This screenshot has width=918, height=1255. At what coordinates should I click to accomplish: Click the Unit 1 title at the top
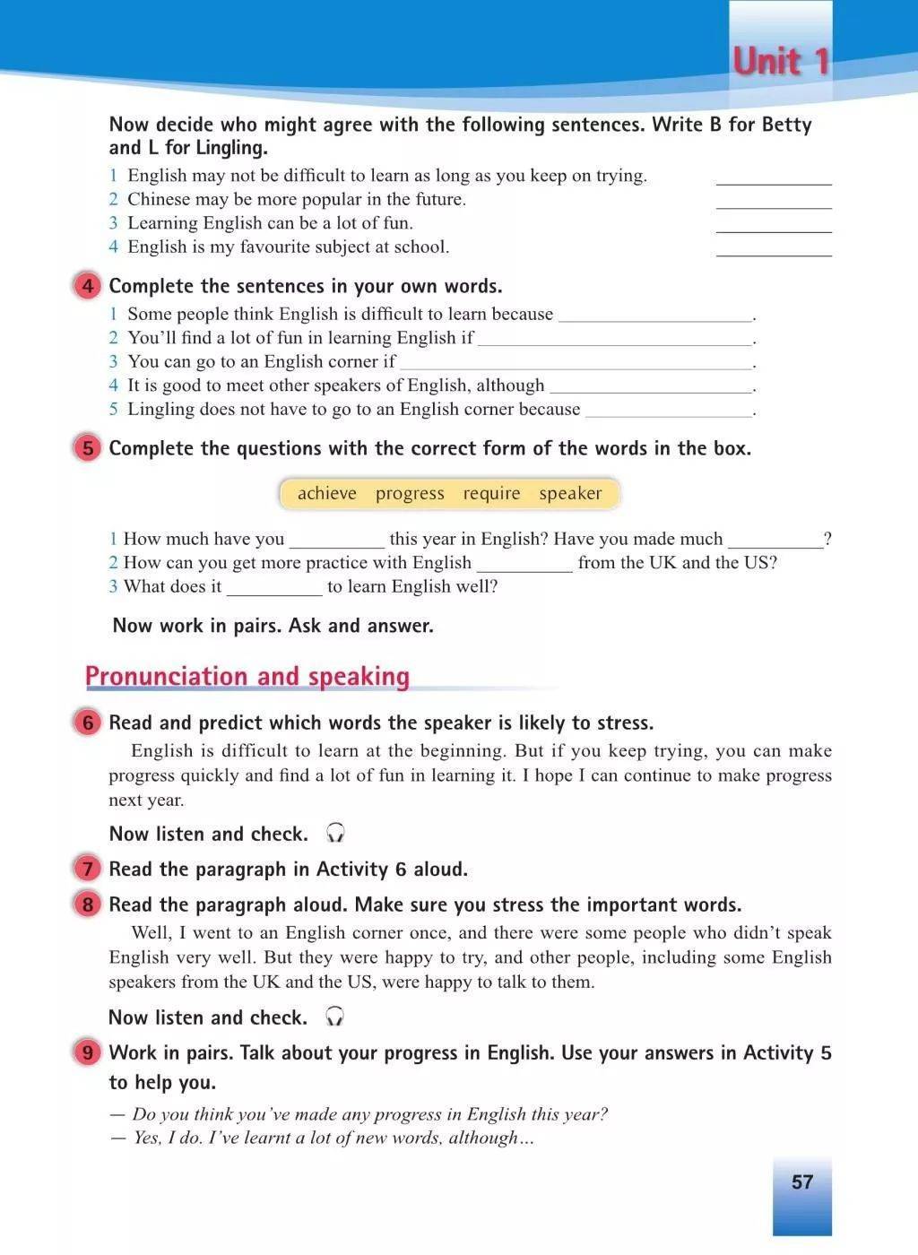pyautogui.click(x=781, y=62)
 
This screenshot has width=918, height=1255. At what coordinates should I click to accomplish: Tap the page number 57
pyautogui.click(x=801, y=1181)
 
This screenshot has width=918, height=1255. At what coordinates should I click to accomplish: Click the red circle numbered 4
pyautogui.click(x=87, y=287)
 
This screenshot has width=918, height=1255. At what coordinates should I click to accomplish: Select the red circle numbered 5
pyautogui.click(x=87, y=448)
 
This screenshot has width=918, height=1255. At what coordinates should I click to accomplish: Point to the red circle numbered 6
pyautogui.click(x=87, y=723)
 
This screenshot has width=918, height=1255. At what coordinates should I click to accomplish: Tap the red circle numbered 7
pyautogui.click(x=87, y=869)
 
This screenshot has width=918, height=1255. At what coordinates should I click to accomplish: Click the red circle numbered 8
pyautogui.click(x=87, y=904)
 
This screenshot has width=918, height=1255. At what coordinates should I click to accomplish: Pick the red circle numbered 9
pyautogui.click(x=87, y=1052)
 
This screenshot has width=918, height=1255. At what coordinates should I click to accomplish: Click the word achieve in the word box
pyautogui.click(x=326, y=494)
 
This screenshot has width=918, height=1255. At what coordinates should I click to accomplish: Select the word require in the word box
pyautogui.click(x=491, y=494)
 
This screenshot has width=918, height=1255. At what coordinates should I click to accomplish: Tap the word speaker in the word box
pyautogui.click(x=570, y=494)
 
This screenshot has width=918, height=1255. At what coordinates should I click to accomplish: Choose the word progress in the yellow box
pyautogui.click(x=410, y=494)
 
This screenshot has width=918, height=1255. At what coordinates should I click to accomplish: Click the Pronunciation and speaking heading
pyautogui.click(x=247, y=677)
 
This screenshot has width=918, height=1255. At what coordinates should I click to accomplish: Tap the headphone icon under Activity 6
pyautogui.click(x=335, y=834)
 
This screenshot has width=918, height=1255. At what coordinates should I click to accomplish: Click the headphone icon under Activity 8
pyautogui.click(x=335, y=1017)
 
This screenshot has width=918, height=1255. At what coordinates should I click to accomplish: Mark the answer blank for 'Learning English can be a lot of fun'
pyautogui.click(x=774, y=228)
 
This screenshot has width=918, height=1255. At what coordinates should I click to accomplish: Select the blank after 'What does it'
pyautogui.click(x=274, y=591)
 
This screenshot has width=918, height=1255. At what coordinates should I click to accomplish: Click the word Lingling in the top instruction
pyautogui.click(x=235, y=148)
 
